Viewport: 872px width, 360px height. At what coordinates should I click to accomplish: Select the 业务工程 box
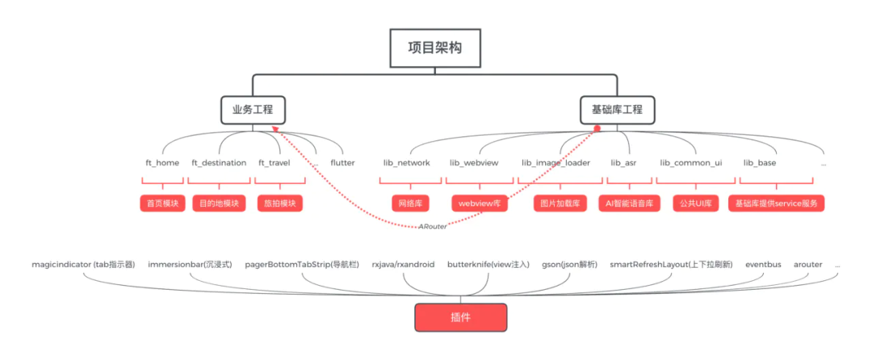[253, 109]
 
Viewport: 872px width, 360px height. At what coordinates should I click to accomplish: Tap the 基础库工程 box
[617, 109]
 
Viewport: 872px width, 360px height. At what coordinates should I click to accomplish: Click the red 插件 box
[460, 318]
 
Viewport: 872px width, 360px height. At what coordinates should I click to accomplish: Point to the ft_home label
[162, 163]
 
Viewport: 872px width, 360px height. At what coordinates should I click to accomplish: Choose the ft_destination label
[219, 163]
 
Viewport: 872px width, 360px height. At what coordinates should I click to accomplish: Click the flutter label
[342, 163]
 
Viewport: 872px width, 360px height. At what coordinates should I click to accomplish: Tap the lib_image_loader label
[555, 163]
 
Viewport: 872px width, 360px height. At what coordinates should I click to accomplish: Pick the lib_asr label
[623, 163]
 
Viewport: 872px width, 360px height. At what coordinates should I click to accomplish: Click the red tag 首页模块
[163, 203]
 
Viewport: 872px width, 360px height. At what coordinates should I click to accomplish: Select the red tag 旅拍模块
[279, 203]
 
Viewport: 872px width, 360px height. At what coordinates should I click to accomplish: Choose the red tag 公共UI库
[695, 203]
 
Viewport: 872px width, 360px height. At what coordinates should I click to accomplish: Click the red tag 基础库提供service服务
[776, 203]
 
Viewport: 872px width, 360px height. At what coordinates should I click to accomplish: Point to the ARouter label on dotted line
[434, 227]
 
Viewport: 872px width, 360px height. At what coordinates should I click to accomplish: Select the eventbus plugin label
[763, 264]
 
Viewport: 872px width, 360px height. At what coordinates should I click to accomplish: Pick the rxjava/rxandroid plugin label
[403, 264]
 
